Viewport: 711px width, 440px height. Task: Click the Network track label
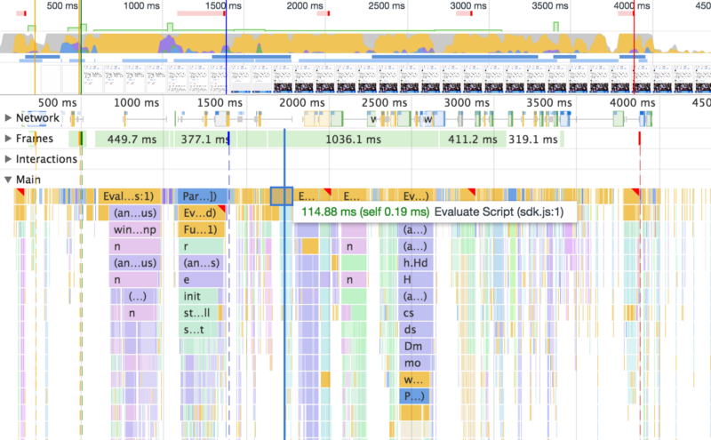click(x=37, y=118)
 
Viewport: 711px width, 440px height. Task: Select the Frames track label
click(x=35, y=139)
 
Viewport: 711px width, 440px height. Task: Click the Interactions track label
click(x=46, y=159)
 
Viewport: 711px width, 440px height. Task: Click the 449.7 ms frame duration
click(x=130, y=140)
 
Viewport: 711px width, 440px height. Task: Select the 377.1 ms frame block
click(x=204, y=140)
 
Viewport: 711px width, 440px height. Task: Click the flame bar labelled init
click(x=193, y=296)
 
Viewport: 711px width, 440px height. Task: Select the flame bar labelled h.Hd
click(x=415, y=262)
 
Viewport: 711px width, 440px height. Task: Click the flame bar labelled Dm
click(x=413, y=347)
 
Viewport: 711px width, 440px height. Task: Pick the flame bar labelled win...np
click(x=135, y=229)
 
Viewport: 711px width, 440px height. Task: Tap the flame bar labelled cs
click(x=410, y=313)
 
